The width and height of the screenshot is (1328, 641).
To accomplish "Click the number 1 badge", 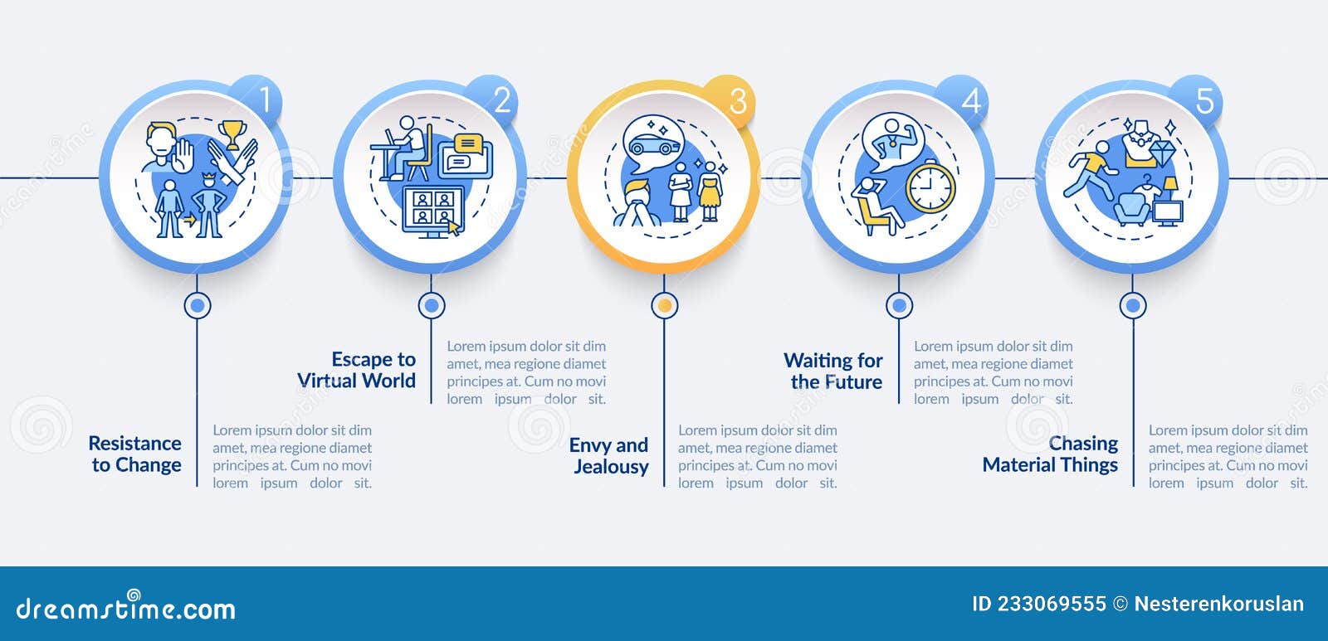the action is click(x=257, y=100).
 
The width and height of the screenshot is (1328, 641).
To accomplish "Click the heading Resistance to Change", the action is click(x=135, y=454).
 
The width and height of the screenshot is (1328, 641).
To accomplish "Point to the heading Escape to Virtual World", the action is click(x=356, y=370).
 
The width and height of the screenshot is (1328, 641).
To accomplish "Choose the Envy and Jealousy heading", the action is click(x=609, y=455).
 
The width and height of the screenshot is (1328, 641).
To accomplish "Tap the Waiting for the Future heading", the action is click(x=833, y=371).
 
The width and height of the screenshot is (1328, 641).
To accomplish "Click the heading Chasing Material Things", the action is click(x=1050, y=454).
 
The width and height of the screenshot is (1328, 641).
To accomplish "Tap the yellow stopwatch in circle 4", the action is click(x=930, y=186).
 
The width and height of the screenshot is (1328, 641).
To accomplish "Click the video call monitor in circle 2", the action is click(x=433, y=211).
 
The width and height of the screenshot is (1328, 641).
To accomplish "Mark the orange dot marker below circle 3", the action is click(x=665, y=306).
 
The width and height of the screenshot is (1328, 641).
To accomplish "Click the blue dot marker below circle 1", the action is click(x=198, y=306).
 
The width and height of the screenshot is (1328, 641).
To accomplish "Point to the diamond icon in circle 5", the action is click(x=1161, y=154).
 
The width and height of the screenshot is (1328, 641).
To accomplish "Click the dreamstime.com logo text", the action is click(x=125, y=607).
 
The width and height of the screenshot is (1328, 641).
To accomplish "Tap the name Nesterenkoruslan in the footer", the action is click(x=1219, y=604).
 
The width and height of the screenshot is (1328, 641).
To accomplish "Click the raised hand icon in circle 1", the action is click(x=184, y=155).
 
